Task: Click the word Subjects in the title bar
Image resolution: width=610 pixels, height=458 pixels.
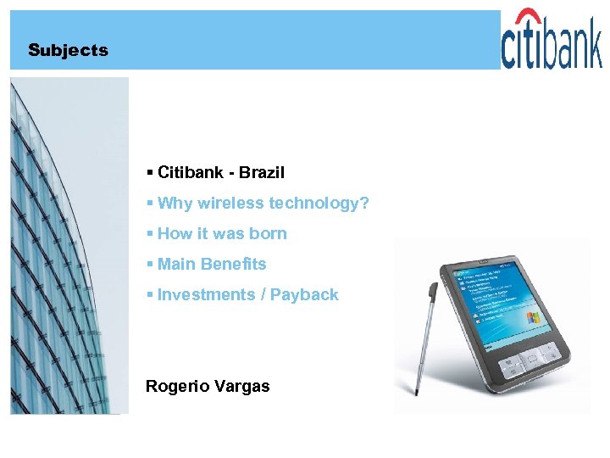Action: (68, 50)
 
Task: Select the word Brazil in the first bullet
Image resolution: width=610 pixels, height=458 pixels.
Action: (262, 173)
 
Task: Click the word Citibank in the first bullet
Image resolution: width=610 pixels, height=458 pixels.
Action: (191, 173)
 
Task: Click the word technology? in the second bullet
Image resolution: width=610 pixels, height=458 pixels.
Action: (319, 204)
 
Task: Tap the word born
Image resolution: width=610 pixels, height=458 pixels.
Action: (269, 234)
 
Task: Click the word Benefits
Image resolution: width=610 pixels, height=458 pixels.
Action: (234, 265)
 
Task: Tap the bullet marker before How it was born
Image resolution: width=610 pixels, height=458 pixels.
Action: (149, 234)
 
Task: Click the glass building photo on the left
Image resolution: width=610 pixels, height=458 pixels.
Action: (68, 246)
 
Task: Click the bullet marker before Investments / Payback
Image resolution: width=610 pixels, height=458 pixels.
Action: (149, 295)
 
